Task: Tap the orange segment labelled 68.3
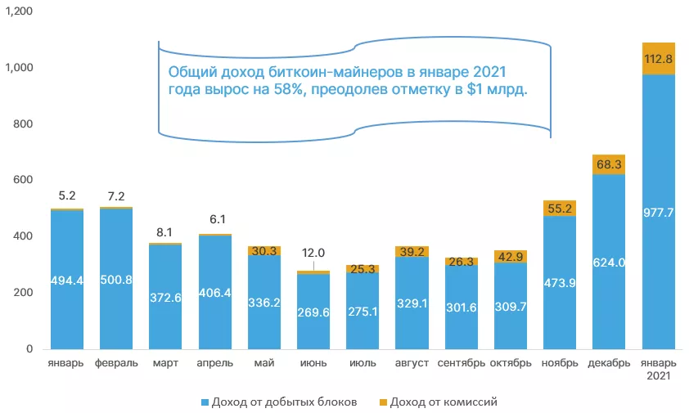608,164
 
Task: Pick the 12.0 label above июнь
313,254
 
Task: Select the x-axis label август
411,362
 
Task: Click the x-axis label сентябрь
461,362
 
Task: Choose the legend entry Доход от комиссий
443,401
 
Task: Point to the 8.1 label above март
165,231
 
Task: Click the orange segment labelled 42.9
510,257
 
